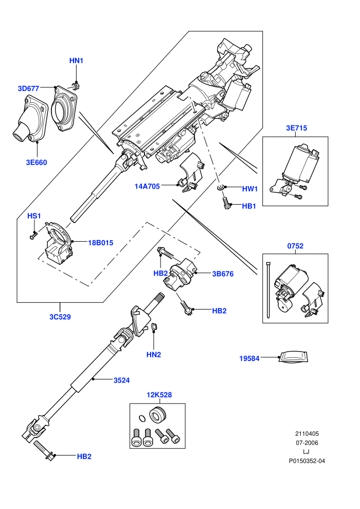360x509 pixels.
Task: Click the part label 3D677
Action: (28, 88)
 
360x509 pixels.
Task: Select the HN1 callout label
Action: (76, 61)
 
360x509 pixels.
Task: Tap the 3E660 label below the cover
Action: (37, 162)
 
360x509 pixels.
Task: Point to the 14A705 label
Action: (147, 186)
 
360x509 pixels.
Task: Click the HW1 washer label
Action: (249, 189)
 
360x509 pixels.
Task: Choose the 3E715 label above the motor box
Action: (296, 128)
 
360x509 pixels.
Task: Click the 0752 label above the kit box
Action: (295, 246)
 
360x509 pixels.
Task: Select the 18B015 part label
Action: (101, 243)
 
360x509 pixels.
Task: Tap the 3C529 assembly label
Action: (60, 317)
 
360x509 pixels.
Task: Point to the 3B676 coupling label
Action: (223, 274)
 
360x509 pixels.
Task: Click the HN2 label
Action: (154, 355)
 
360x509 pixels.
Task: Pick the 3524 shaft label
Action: (121, 380)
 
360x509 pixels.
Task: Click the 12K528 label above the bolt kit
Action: (159, 395)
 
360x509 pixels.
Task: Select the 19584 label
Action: (249, 358)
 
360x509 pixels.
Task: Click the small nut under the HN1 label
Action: (75, 86)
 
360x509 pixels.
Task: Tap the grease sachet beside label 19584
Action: (293, 357)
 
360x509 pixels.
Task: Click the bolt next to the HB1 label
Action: (226, 204)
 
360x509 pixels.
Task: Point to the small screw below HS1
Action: (33, 235)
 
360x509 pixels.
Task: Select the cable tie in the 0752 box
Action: (268, 289)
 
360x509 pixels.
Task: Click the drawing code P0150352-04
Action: (307, 461)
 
